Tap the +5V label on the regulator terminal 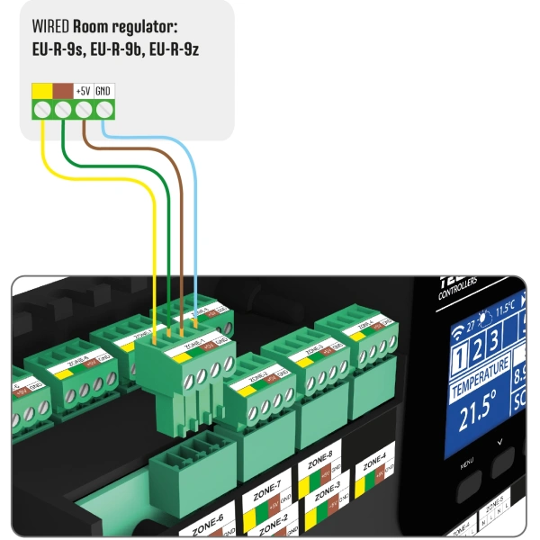coord(83,91)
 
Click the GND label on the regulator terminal coord(104,91)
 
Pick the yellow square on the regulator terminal coord(41,91)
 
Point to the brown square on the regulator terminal coord(62,91)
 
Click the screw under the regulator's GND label coord(104,110)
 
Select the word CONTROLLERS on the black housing coord(456,294)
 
